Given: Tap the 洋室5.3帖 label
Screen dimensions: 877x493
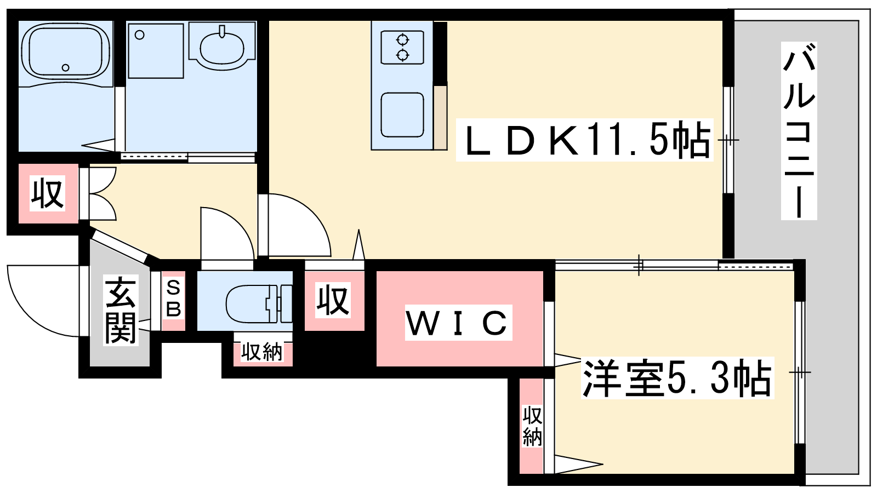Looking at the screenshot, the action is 677,378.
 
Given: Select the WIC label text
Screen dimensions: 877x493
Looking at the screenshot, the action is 458,323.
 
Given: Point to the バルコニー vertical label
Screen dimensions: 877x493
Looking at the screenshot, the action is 799,131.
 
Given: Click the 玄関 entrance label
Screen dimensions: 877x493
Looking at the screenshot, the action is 121,310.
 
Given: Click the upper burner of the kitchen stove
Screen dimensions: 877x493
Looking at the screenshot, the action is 402,40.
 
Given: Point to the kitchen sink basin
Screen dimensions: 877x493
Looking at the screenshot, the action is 402,114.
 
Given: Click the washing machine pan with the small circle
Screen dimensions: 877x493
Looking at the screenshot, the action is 156,51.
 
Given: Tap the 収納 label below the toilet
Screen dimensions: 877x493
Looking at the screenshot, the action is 261,352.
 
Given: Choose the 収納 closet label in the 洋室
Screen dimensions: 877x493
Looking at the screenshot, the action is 532,426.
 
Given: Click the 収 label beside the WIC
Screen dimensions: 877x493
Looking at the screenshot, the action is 333,300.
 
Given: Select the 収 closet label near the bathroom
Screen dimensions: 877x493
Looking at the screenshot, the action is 47,194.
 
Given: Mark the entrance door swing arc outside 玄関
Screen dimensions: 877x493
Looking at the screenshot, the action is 44,301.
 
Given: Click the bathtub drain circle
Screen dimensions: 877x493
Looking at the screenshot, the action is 65,68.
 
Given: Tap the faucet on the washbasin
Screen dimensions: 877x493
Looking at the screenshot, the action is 223,31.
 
